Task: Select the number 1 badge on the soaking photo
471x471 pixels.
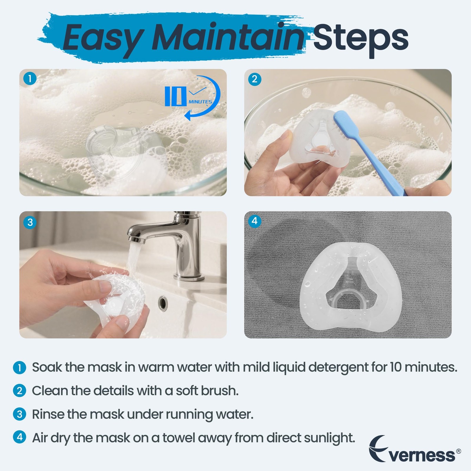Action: [x=29, y=79]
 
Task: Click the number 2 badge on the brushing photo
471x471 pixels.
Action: [x=255, y=79]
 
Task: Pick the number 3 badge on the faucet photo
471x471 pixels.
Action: [x=30, y=222]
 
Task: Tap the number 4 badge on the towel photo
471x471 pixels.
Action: [x=255, y=221]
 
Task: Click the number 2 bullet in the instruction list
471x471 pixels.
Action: [x=19, y=391]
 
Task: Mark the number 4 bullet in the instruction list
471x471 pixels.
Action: [x=19, y=437]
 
